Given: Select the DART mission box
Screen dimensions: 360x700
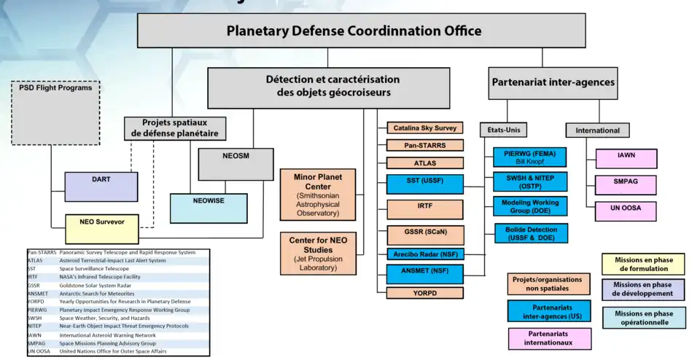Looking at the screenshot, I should click(x=101, y=187).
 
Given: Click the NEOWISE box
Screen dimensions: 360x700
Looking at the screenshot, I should click(x=208, y=208).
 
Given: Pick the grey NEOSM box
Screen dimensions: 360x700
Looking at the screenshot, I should click(x=236, y=164).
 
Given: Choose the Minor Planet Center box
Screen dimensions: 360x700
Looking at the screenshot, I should click(x=317, y=194).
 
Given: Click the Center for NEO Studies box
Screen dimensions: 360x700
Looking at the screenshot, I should click(x=317, y=253).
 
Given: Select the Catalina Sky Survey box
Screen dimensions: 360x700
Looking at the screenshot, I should click(x=425, y=128).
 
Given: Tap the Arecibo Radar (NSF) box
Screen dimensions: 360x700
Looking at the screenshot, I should click(x=425, y=254).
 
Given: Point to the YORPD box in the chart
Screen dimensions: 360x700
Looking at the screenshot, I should click(x=425, y=292).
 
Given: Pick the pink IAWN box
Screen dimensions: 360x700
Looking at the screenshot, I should click(x=626, y=159).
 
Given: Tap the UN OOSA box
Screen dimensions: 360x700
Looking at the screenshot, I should click(x=626, y=211).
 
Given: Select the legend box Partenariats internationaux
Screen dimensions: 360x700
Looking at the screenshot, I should click(x=549, y=338).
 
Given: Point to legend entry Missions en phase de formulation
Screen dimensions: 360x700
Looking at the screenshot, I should click(x=642, y=264).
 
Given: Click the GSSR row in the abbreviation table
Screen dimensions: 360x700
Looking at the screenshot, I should click(x=117, y=285).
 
